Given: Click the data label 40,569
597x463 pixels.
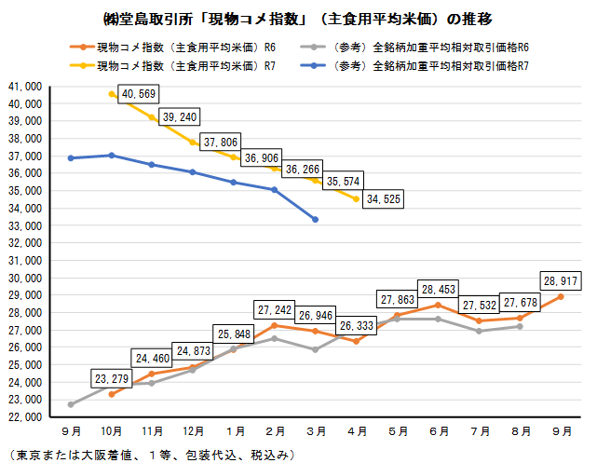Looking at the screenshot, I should pyautogui.click(x=138, y=94).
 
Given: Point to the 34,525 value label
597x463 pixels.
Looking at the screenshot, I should pyautogui.click(x=385, y=198).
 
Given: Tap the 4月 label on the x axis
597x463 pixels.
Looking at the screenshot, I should pyautogui.click(x=358, y=432).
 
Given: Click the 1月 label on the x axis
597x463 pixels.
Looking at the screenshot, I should pyautogui.click(x=236, y=432).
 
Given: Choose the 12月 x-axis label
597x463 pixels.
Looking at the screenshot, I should pyautogui.click(x=194, y=432).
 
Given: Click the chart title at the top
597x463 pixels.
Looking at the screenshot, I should pyautogui.click(x=297, y=19).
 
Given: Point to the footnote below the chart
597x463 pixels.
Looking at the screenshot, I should pyautogui.click(x=149, y=454).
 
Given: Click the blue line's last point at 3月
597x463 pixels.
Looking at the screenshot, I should pyautogui.click(x=315, y=219).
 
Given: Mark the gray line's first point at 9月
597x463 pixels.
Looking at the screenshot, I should pyautogui.click(x=72, y=404).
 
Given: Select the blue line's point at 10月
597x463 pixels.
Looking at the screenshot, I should pyautogui.click(x=112, y=156).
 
